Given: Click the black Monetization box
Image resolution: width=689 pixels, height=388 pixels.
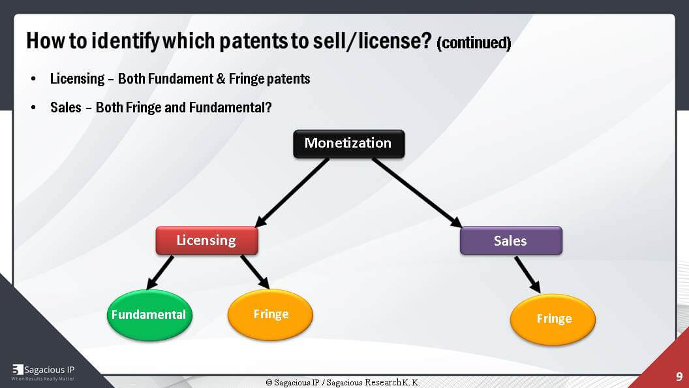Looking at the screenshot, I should pyautogui.click(x=348, y=144).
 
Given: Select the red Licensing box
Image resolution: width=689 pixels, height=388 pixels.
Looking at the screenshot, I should pyautogui.click(x=206, y=240).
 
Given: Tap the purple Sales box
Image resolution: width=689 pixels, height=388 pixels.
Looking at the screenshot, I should pyautogui.click(x=510, y=240).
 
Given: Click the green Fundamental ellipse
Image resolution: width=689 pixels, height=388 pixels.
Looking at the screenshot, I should pyautogui.click(x=148, y=315).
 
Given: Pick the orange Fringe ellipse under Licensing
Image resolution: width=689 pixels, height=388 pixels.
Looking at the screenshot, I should pyautogui.click(x=270, y=315).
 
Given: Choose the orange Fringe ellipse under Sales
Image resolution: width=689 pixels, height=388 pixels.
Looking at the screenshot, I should pyautogui.click(x=553, y=319).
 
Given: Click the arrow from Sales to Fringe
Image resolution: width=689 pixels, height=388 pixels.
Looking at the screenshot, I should pyautogui.click(x=527, y=274).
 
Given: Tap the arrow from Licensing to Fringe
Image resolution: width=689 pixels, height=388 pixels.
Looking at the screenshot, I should pyautogui.click(x=254, y=272).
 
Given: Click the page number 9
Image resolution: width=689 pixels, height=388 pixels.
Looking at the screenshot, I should pyautogui.click(x=679, y=377).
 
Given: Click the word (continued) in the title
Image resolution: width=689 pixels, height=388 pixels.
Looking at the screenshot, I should pyautogui.click(x=473, y=44).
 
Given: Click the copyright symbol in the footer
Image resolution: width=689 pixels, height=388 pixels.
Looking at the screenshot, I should pyautogui.click(x=269, y=382).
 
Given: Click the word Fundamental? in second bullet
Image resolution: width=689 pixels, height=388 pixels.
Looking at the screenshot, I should pyautogui.click(x=230, y=107).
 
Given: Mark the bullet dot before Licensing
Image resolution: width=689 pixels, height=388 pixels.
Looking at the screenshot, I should pyautogui.click(x=33, y=79).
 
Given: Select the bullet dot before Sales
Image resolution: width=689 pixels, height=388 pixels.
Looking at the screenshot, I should pyautogui.click(x=33, y=107).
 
